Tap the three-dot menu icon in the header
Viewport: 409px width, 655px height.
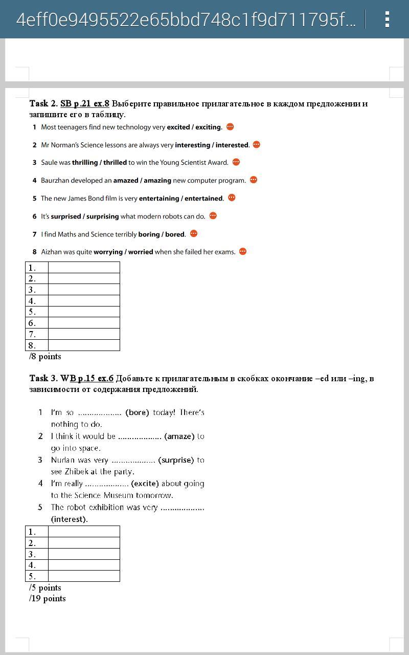click(x=387, y=19)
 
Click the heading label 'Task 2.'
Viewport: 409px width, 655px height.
click(x=43, y=104)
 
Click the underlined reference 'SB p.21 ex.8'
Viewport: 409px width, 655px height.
click(x=85, y=104)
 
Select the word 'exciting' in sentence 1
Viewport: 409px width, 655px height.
click(x=208, y=127)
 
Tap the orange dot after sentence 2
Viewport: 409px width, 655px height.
click(x=257, y=145)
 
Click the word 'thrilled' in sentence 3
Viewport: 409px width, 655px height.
click(x=115, y=163)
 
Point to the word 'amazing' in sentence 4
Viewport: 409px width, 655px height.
click(x=157, y=181)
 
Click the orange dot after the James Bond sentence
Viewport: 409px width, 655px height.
click(x=232, y=198)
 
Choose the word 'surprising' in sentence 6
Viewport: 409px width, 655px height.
click(x=102, y=216)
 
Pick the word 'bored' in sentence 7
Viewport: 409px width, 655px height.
click(x=175, y=234)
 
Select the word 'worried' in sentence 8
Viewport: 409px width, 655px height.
click(x=141, y=252)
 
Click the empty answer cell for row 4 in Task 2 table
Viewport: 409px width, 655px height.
click(x=84, y=301)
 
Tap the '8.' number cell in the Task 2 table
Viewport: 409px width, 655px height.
click(x=37, y=345)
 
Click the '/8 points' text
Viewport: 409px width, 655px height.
click(x=45, y=357)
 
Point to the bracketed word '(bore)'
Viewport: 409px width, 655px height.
click(x=137, y=412)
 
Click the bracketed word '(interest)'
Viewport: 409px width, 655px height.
click(x=70, y=519)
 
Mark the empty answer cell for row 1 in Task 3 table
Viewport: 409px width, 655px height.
click(x=84, y=532)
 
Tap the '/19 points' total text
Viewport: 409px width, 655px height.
click(x=48, y=599)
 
